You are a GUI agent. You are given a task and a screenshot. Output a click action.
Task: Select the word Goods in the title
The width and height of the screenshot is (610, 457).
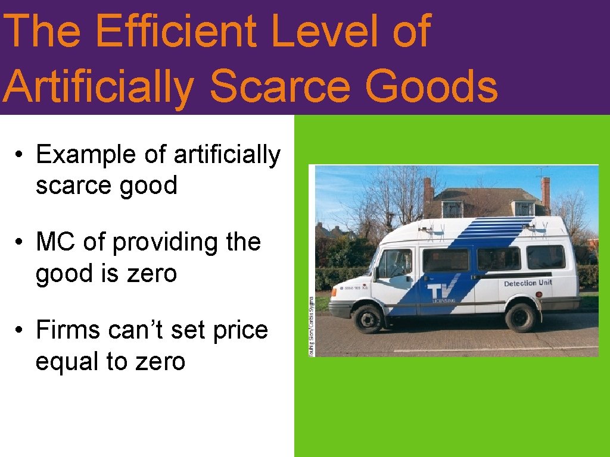coord(431,86)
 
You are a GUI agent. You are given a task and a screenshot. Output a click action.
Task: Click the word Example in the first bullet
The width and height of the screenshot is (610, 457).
coord(86,155)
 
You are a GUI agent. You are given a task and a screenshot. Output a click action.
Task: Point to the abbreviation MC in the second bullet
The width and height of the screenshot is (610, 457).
coord(55,242)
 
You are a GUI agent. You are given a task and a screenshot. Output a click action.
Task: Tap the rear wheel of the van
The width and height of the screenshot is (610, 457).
coord(520,316)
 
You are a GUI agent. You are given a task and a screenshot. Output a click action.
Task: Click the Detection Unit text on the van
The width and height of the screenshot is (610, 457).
coord(528,283)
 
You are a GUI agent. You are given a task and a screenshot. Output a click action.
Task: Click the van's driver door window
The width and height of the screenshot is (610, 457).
coord(396,262)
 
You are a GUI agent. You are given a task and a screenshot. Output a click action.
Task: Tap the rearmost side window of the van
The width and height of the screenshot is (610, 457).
coord(546,257)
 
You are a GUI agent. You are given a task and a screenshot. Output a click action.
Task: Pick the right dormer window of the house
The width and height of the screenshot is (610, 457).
coord(524,209)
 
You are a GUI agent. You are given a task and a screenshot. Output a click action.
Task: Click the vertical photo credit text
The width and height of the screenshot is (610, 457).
coord(312,324)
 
